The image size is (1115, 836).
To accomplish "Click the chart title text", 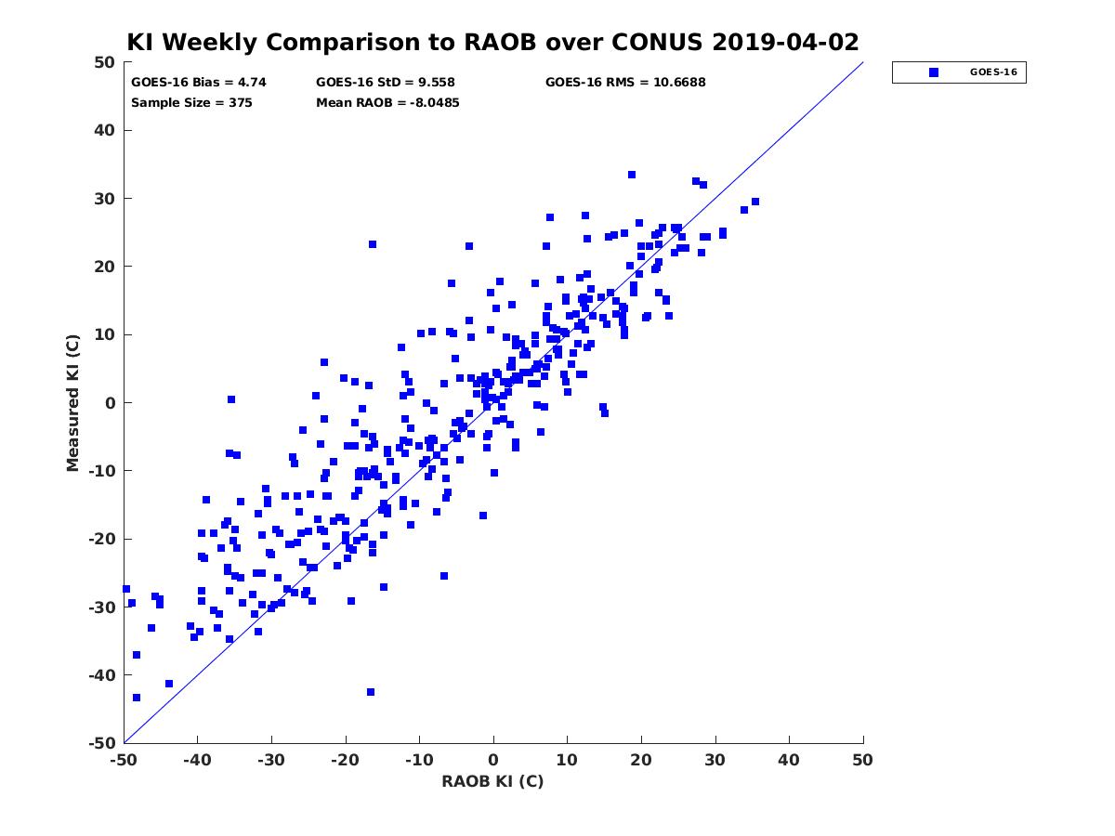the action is point(492,42).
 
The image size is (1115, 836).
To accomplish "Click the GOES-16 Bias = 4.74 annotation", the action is point(199,83).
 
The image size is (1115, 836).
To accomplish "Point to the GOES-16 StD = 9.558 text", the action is point(385,83).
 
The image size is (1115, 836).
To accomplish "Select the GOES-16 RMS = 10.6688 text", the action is point(625,83).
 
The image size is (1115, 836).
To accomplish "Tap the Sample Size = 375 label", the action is point(191,103).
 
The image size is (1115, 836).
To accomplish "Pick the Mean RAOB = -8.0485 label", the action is point(387,103).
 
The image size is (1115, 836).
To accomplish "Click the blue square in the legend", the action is point(934,72).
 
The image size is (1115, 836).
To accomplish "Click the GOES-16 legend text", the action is point(993,72).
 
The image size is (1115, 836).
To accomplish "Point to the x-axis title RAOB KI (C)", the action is point(492,781).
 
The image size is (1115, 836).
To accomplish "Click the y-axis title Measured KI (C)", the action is point(72,402).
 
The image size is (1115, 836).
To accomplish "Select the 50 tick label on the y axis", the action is point(105,62).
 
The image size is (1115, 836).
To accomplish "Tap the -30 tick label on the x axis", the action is point(271,760).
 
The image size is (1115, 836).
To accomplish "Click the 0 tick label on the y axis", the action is point(111,403).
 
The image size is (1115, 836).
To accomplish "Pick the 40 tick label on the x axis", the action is point(789,760).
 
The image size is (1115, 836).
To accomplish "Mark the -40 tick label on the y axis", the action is point(102,675).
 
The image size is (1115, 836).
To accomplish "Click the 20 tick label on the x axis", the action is point(641,760).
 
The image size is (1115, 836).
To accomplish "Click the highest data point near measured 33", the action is point(632,175).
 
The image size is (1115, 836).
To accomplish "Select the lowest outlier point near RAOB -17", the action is point(371,692).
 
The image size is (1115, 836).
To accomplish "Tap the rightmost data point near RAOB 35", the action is point(755,202).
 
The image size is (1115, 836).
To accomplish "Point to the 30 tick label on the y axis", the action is point(105,199).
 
